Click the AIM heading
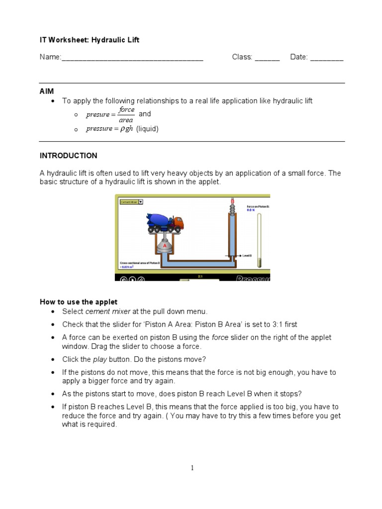47,91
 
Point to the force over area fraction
126,114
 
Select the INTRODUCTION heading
69,156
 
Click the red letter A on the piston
163,246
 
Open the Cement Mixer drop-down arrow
140,202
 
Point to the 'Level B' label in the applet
247,255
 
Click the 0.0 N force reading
251,210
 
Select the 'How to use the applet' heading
79,302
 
